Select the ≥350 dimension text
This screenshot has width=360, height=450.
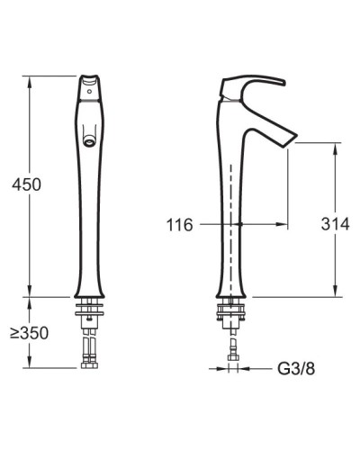29,332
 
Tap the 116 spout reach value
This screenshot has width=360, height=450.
179,224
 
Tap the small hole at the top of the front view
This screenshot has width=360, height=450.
91,90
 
